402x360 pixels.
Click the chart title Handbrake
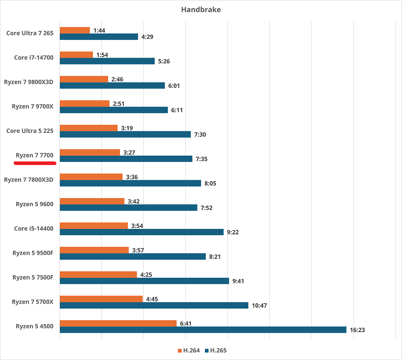(201, 9)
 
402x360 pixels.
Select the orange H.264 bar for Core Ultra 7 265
(75, 30)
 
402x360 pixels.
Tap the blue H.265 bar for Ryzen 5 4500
(203, 330)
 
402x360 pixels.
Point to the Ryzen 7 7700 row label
(34, 155)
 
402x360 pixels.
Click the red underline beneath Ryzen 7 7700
(35, 163)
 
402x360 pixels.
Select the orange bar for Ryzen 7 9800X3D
(84, 79)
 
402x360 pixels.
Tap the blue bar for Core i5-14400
(142, 232)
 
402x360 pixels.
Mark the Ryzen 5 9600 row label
(34, 204)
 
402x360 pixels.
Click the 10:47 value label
(259, 305)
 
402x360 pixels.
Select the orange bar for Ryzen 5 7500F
(98, 275)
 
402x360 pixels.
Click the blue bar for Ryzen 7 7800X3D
(130, 183)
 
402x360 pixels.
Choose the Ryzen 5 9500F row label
(33, 253)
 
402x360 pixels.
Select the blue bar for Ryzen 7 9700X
(113, 110)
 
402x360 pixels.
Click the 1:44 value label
(100, 30)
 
